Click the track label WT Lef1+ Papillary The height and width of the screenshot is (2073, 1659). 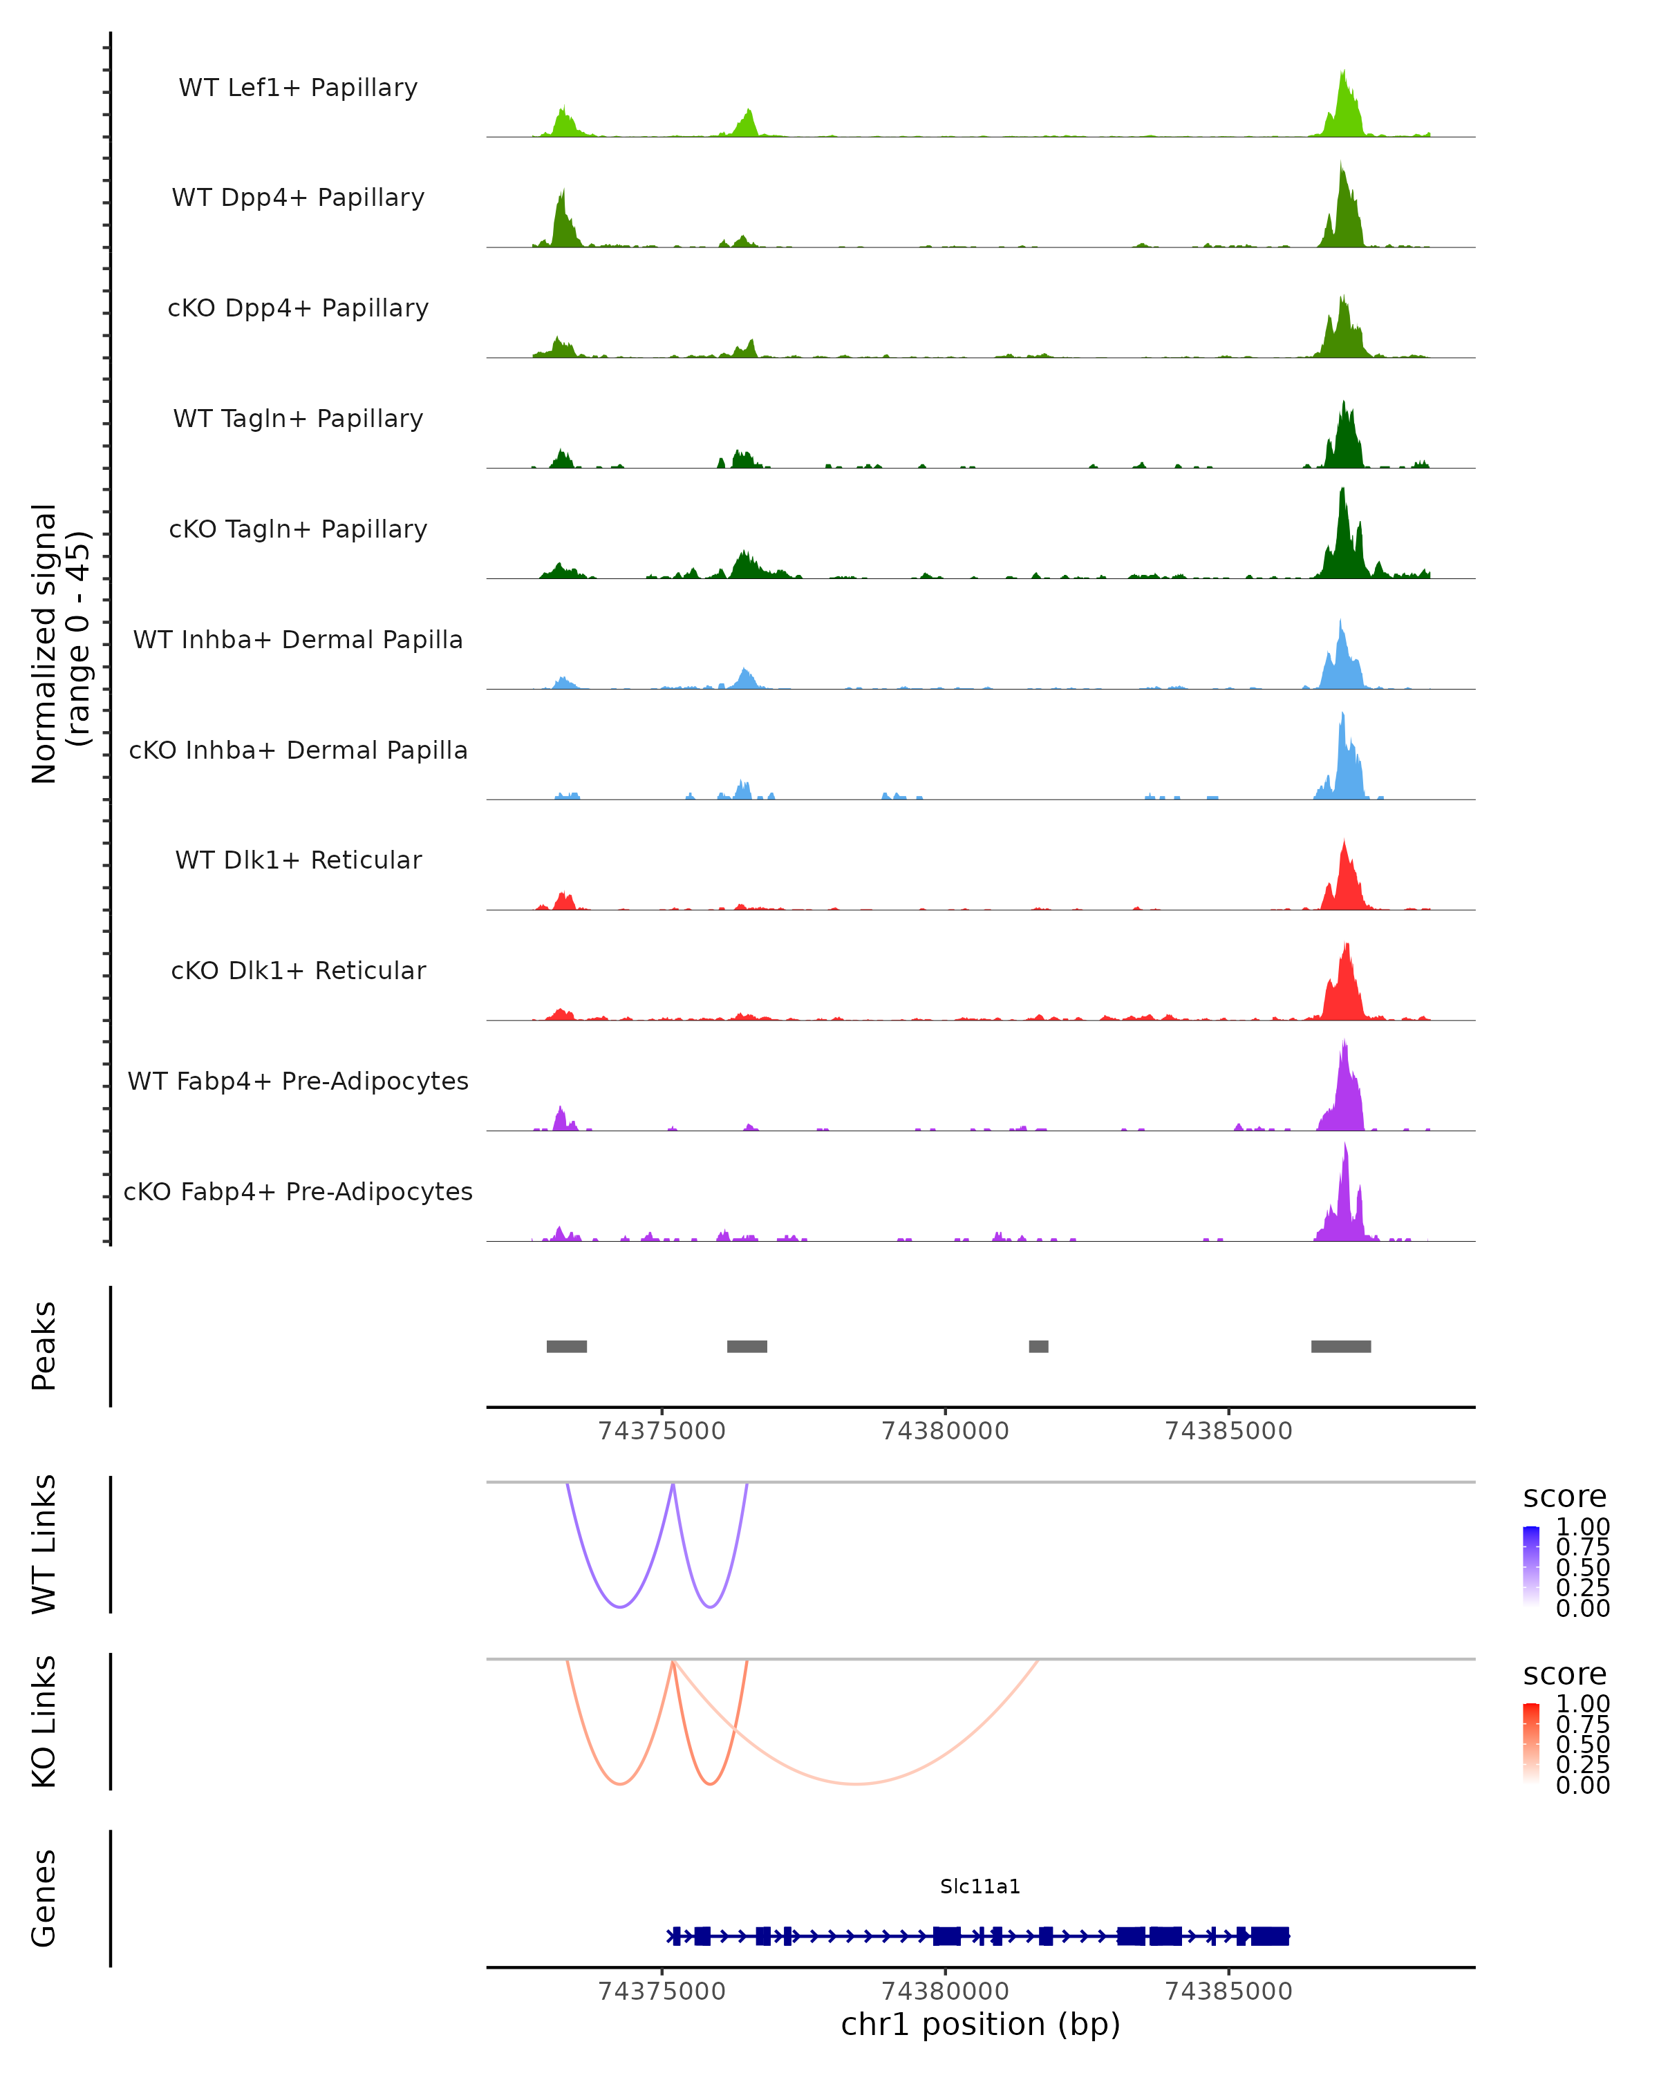tap(298, 88)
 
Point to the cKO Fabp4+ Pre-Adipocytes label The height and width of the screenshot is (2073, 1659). tap(298, 1191)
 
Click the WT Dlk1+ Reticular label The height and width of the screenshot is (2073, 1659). tap(298, 860)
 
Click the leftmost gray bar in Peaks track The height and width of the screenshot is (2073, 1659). tap(566, 1346)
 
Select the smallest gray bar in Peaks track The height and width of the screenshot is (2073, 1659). tap(1039, 1346)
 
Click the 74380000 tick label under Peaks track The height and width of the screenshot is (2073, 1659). tap(946, 1431)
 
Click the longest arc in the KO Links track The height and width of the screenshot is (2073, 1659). tap(856, 1783)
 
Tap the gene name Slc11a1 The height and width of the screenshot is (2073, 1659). tap(980, 1886)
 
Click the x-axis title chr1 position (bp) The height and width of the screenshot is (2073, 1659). tap(980, 2025)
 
